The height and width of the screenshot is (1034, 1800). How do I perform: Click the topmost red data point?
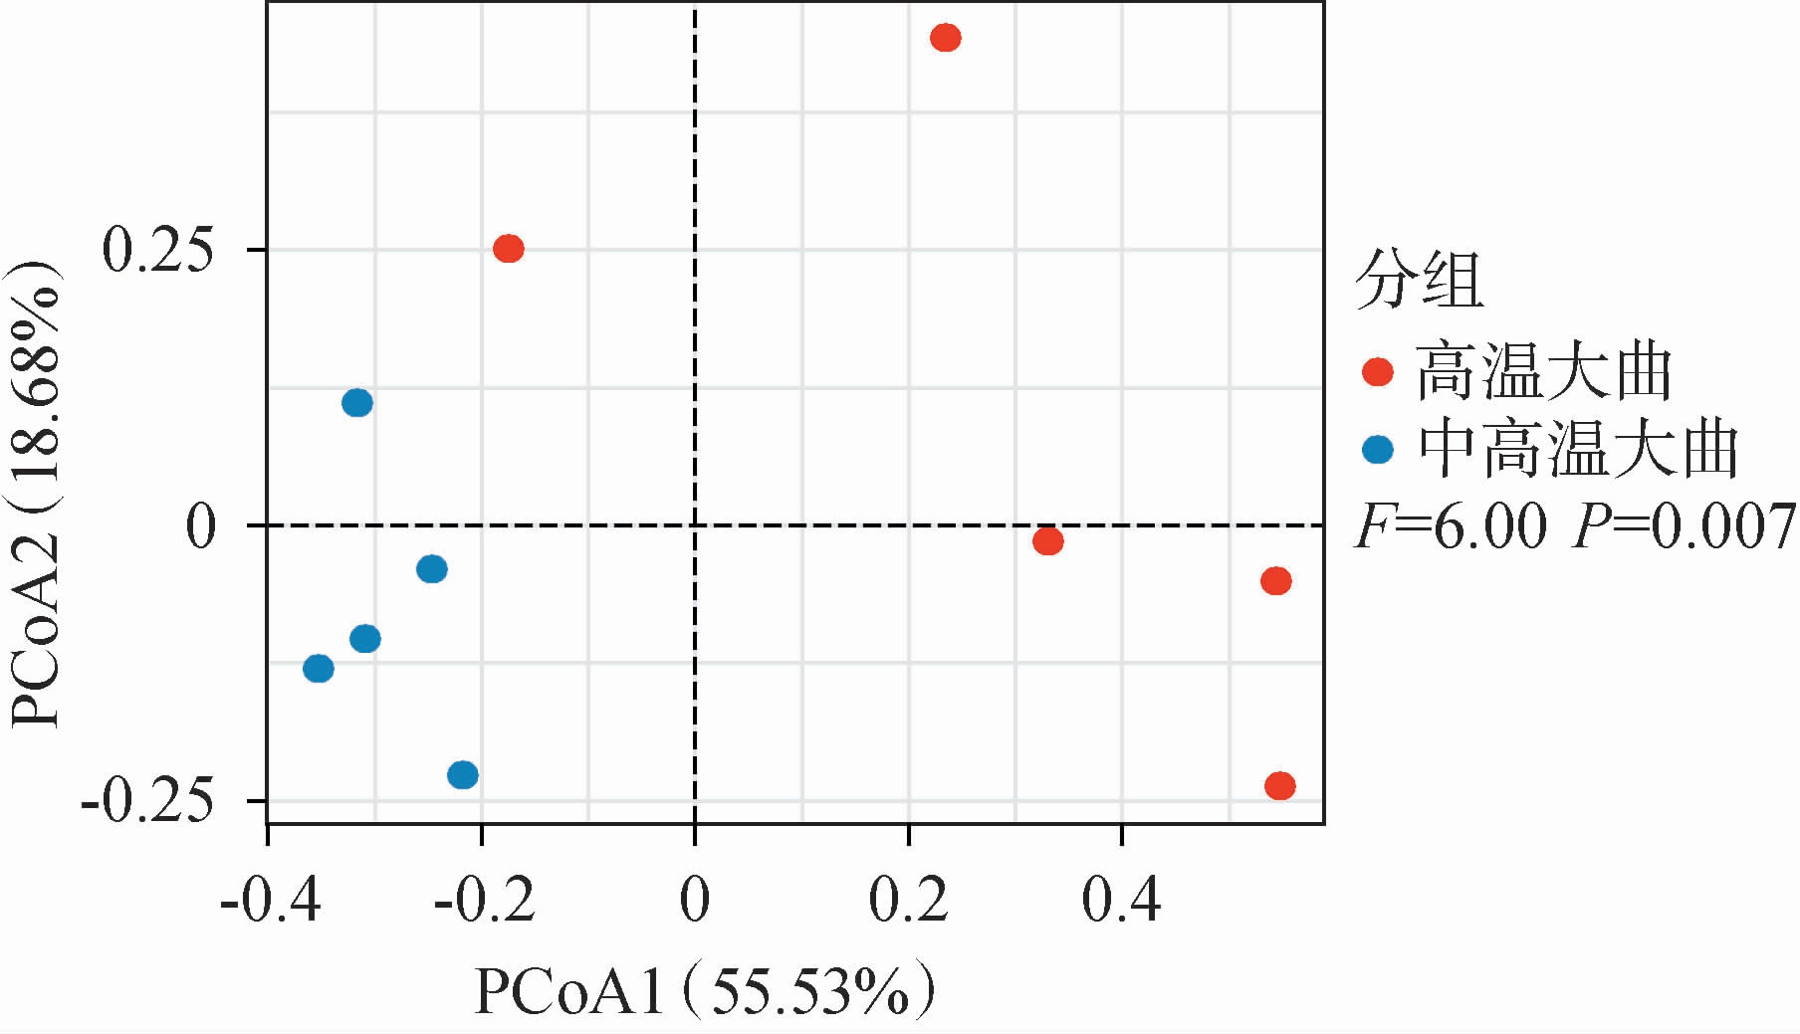point(945,39)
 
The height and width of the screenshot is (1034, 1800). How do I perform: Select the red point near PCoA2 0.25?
point(509,249)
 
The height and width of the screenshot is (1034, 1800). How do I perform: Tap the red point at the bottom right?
point(1279,786)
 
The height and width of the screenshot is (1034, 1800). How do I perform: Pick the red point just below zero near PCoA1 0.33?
point(1047,541)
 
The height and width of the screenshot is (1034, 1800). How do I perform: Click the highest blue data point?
point(357,403)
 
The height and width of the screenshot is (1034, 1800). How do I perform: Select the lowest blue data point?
point(463,774)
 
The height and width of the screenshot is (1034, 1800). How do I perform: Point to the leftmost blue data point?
point(319,668)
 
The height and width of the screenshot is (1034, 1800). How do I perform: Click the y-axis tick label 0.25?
point(158,251)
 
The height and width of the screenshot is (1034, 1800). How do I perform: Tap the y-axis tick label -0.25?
point(148,801)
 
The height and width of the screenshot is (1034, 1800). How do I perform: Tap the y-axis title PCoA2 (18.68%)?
point(36,495)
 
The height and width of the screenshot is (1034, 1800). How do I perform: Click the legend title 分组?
point(1419,280)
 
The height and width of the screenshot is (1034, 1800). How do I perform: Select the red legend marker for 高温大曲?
point(1378,372)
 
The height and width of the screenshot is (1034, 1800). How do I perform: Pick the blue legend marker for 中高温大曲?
point(1378,449)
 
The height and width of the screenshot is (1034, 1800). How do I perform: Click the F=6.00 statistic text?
point(1452,526)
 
